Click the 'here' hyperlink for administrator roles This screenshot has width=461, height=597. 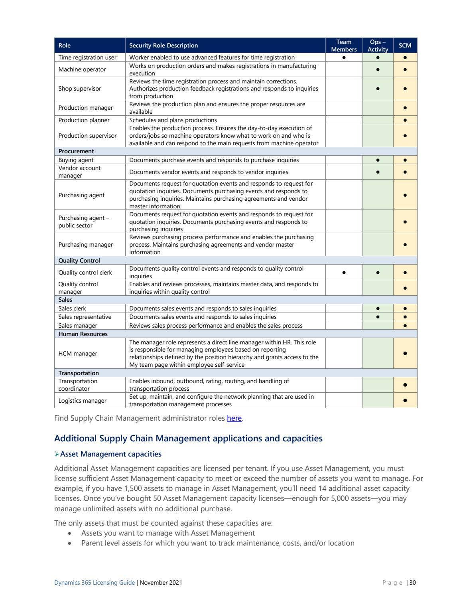[234, 418]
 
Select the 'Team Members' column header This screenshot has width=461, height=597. [344, 45]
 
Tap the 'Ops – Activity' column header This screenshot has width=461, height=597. [378, 45]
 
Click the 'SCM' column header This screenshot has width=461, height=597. [405, 45]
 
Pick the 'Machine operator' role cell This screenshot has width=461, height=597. [82, 69]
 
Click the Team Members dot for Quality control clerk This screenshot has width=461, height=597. [344, 273]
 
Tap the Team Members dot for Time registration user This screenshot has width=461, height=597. [344, 57]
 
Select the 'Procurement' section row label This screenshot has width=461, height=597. [76, 151]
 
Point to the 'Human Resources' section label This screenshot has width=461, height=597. [83, 334]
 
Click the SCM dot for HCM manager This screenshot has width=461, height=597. [405, 353]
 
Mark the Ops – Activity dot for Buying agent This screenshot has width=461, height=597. [378, 160]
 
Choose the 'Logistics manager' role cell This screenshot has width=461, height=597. [83, 401]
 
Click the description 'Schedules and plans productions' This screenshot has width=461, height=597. [173, 120]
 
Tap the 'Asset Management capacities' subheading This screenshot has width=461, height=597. [110, 454]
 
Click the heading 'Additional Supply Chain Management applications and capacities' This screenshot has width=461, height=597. [188, 438]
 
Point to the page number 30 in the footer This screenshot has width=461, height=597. [412, 583]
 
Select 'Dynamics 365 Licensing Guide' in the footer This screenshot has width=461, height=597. [95, 583]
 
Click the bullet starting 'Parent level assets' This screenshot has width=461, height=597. [218, 543]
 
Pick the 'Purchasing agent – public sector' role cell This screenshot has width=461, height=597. [84, 221]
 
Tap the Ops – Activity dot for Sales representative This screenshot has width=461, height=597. [378, 317]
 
